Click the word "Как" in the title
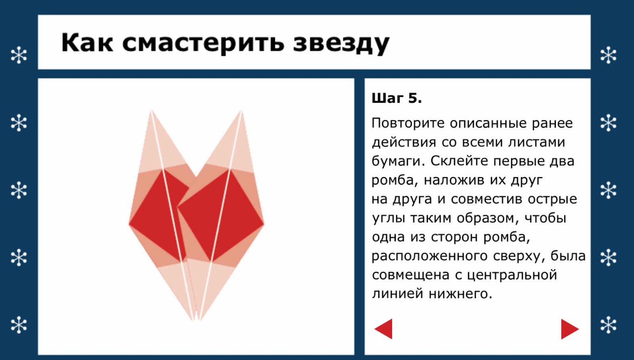pos(87,42)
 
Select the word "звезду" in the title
pos(341,44)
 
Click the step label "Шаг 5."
pos(397,98)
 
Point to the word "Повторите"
pos(408,123)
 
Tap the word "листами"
pos(537,142)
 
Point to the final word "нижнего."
pos(461,294)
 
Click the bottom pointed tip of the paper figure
pos(196,320)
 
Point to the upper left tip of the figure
pos(151,111)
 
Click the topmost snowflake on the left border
pos(19,55)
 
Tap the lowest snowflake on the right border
pos(608,325)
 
